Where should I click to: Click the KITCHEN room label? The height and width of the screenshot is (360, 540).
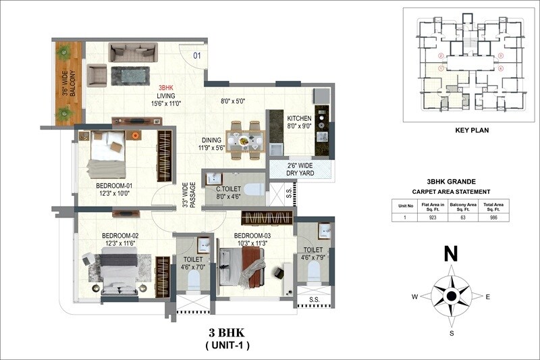(299, 115)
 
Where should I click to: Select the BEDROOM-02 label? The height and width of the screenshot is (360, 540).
(121, 236)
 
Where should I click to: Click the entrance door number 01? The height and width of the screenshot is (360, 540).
(198, 56)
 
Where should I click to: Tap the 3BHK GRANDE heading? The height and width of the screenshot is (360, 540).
(452, 182)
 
